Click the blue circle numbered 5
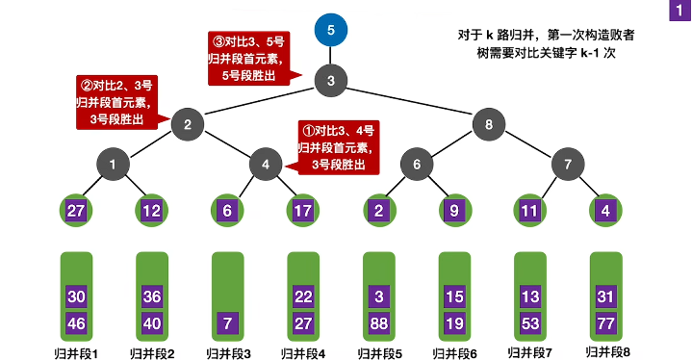pyautogui.click(x=330, y=30)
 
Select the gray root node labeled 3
pyautogui.click(x=330, y=81)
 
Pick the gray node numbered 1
pyautogui.click(x=113, y=165)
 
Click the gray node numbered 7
pyautogui.click(x=568, y=165)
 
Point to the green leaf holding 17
pyautogui.click(x=303, y=211)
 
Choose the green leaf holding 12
pyautogui.click(x=151, y=211)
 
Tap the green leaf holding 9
pyautogui.click(x=454, y=211)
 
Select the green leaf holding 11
pyautogui.click(x=530, y=211)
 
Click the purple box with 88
pyautogui.click(x=379, y=323)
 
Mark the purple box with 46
pyautogui.click(x=77, y=323)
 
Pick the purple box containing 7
pyautogui.click(x=228, y=323)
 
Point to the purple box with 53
pyautogui.click(x=530, y=323)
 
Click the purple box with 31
pyautogui.click(x=606, y=296)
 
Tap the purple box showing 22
pyautogui.click(x=303, y=296)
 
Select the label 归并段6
pyautogui.click(x=455, y=352)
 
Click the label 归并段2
pyautogui.click(x=152, y=352)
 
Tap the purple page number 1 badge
pyautogui.click(x=678, y=12)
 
